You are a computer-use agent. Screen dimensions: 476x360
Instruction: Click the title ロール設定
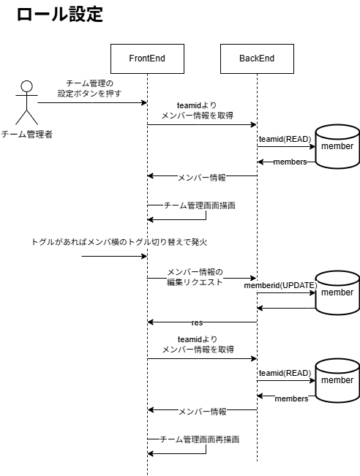pyautogui.click(x=59, y=15)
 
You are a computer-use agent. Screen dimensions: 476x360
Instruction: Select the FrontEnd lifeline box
pyautogui.click(x=146, y=58)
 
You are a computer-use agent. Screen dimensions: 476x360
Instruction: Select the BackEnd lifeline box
pyautogui.click(x=257, y=58)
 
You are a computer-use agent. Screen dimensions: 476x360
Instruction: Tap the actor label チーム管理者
pyautogui.click(x=26, y=134)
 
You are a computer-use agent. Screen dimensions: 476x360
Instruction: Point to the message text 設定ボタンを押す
pyautogui.click(x=89, y=94)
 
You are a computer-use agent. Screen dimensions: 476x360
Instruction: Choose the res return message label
pyautogui.click(x=198, y=322)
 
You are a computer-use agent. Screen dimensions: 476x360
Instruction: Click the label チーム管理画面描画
pyautogui.click(x=199, y=205)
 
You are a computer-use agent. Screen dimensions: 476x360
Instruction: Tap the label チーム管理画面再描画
pyautogui.click(x=199, y=439)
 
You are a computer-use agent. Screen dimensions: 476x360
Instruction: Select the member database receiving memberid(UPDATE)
pyautogui.click(x=337, y=293)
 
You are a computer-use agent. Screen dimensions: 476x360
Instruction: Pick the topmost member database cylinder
pyautogui.click(x=337, y=147)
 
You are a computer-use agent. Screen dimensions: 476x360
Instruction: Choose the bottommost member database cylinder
pyautogui.click(x=337, y=381)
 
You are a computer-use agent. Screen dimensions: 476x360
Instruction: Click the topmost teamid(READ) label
pyautogui.click(x=285, y=139)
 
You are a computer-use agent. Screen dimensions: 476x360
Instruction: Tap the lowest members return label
pyautogui.click(x=291, y=398)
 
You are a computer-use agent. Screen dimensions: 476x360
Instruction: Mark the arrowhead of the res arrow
pyautogui.click(x=150, y=322)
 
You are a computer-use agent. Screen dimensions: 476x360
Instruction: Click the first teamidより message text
pyautogui.click(x=197, y=105)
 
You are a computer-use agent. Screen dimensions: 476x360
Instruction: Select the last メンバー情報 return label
pyautogui.click(x=202, y=411)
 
